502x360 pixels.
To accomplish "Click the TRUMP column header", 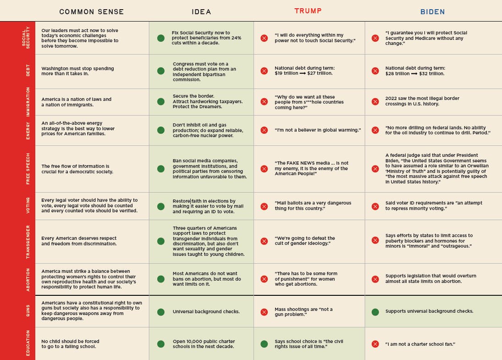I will (308, 11).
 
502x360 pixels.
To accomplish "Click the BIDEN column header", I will (432, 12).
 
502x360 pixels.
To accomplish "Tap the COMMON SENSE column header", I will (92, 12).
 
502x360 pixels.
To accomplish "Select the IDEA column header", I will (201, 12).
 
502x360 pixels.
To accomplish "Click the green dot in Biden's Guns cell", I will (375, 312).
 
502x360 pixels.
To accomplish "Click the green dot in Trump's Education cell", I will (264, 344).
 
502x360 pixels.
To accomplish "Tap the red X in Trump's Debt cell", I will (264, 71).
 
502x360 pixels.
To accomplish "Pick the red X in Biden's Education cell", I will (375, 344).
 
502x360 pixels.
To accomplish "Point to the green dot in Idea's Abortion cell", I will (161, 279).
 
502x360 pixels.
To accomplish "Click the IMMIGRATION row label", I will (28, 102).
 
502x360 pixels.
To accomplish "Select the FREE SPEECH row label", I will (28, 169).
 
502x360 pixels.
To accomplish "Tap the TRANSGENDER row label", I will (28, 241).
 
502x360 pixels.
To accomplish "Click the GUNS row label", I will (28, 311).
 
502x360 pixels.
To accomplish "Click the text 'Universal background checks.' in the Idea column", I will (206, 312).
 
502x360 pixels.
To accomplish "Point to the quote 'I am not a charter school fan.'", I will (420, 344).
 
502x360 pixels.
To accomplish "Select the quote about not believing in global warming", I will (318, 130).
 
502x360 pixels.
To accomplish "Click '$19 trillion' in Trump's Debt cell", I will (284, 73).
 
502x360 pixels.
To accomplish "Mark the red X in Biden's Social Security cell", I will (375, 38).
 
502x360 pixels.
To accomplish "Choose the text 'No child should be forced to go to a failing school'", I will (70, 344).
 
